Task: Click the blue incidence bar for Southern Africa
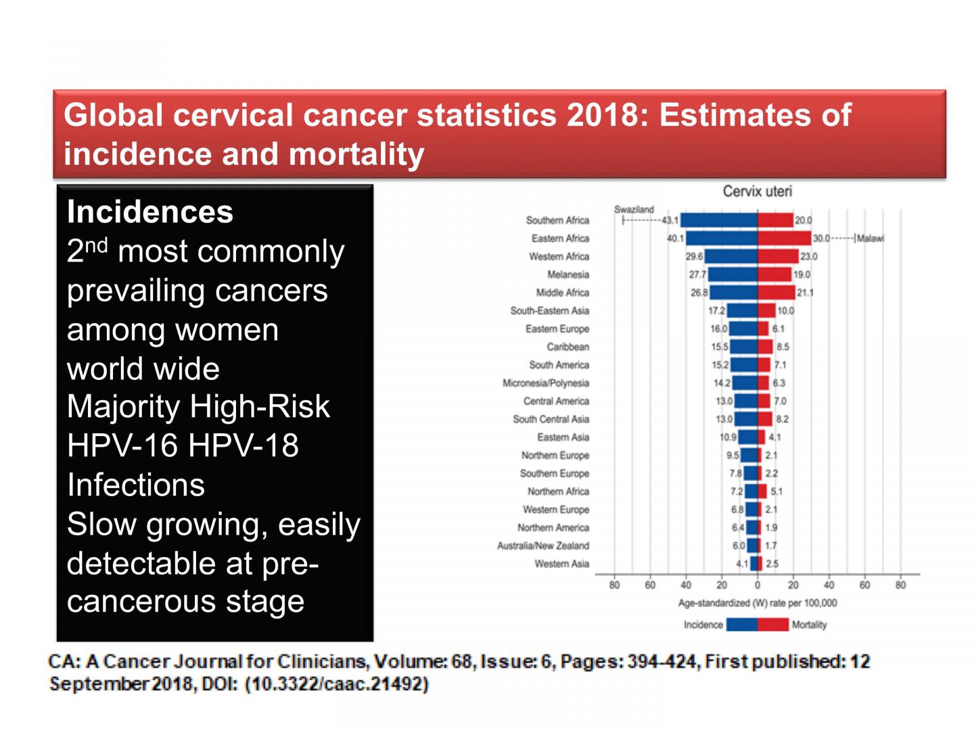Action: click(719, 220)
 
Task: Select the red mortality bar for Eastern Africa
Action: click(785, 239)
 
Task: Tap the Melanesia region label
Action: click(568, 275)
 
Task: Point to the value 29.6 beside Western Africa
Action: click(694, 257)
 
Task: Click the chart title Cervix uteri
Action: click(757, 191)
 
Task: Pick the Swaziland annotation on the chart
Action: click(634, 210)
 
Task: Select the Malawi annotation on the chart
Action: click(870, 239)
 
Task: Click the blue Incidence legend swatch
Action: click(742, 625)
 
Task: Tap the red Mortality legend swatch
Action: click(772, 625)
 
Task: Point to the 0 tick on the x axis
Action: click(758, 585)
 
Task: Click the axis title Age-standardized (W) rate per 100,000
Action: click(757, 603)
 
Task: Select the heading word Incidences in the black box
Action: click(150, 212)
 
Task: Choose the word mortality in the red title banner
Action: click(356, 155)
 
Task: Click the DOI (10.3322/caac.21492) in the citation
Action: click(337, 684)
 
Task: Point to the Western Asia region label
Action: click(561, 564)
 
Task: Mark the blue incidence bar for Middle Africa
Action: click(733, 293)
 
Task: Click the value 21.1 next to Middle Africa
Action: click(805, 293)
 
